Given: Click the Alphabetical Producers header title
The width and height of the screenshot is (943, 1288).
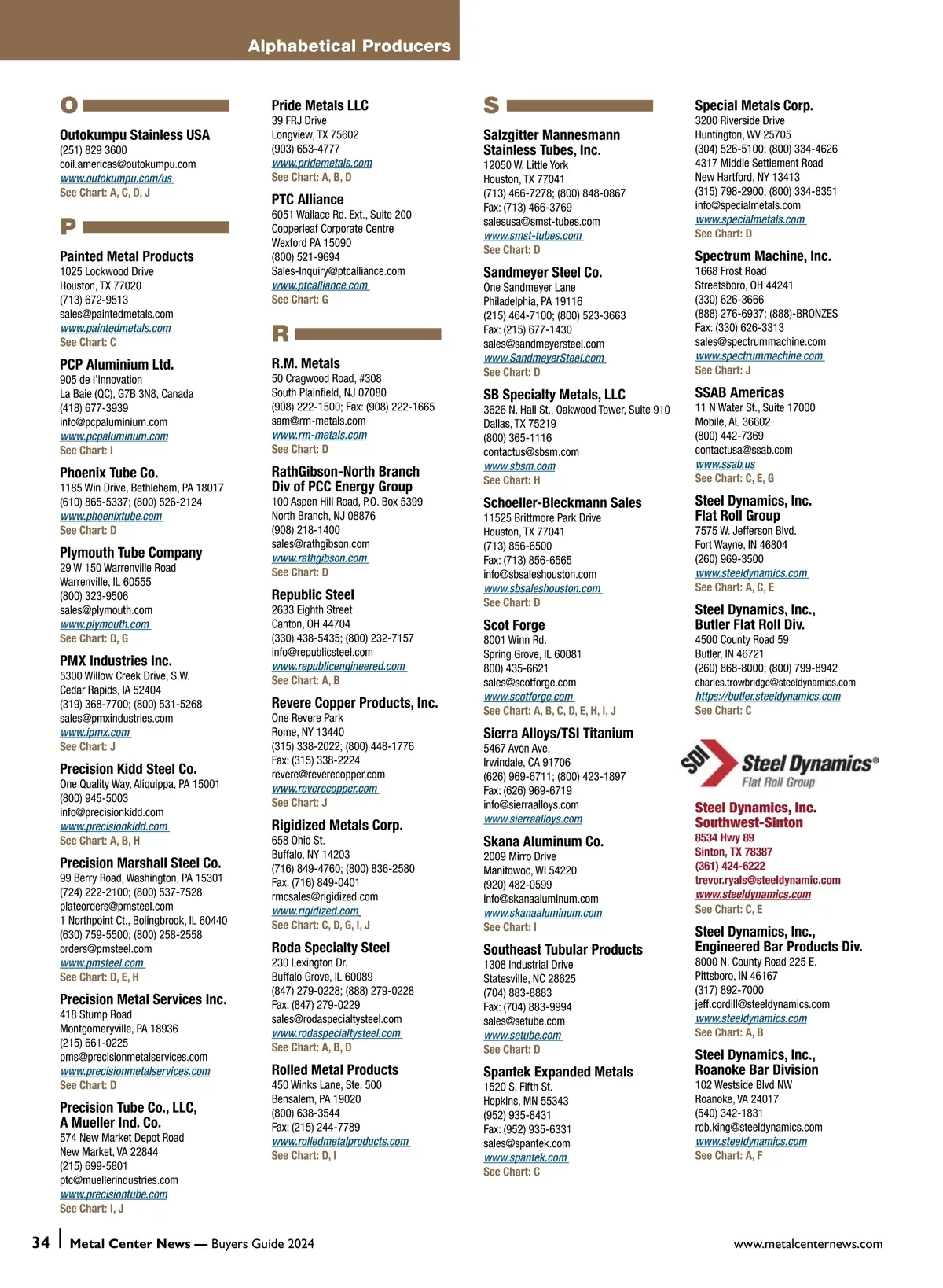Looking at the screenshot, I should (350, 46).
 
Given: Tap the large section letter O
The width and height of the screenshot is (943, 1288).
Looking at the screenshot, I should (69, 105).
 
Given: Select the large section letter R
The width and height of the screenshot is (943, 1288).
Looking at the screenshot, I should (281, 334).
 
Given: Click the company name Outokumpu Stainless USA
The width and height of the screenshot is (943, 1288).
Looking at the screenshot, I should (134, 135).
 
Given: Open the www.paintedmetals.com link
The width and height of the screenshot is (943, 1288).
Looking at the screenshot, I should (116, 328).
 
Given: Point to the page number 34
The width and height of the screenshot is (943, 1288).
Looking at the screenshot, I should (41, 1242).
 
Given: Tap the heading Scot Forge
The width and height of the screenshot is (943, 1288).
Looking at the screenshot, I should (514, 625).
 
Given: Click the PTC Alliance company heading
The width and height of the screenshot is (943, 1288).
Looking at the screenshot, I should (307, 200).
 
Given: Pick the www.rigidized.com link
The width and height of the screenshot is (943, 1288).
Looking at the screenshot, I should (315, 911).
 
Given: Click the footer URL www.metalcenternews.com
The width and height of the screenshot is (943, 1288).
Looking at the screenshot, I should (808, 1244).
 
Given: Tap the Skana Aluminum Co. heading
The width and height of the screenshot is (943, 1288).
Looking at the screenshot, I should (543, 841).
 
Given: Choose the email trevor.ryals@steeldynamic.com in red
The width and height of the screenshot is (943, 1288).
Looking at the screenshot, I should (767, 880).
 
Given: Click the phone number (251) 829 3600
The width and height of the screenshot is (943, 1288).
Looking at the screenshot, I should (93, 150).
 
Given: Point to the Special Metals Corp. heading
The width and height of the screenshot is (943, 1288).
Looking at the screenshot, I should (754, 105).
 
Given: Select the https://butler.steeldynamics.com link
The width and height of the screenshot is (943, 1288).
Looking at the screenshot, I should (768, 696).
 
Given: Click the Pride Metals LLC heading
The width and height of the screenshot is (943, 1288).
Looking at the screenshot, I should (320, 105).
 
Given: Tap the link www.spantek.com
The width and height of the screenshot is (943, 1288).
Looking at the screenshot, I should (525, 1157).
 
